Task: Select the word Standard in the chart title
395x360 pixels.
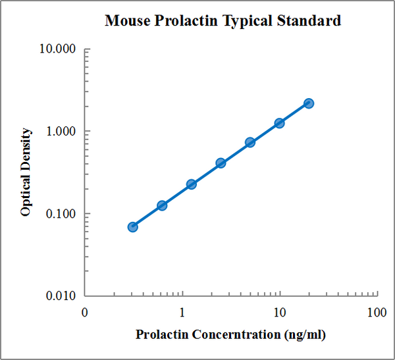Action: pyautogui.click(x=309, y=21)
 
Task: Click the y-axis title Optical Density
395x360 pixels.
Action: pyautogui.click(x=26, y=172)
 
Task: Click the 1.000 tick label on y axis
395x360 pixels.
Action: pyautogui.click(x=62, y=132)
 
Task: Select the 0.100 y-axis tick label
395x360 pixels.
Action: pyautogui.click(x=62, y=214)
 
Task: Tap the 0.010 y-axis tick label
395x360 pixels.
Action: pyautogui.click(x=62, y=296)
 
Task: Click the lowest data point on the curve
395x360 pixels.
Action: pyautogui.click(x=132, y=227)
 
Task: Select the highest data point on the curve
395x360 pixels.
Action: pyautogui.click(x=309, y=103)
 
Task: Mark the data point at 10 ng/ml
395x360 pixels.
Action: pyautogui.click(x=279, y=123)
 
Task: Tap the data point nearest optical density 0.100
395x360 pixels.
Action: pyautogui.click(x=162, y=205)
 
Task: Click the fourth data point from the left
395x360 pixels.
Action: pyautogui.click(x=221, y=163)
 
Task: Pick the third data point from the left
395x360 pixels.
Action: pyautogui.click(x=191, y=184)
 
